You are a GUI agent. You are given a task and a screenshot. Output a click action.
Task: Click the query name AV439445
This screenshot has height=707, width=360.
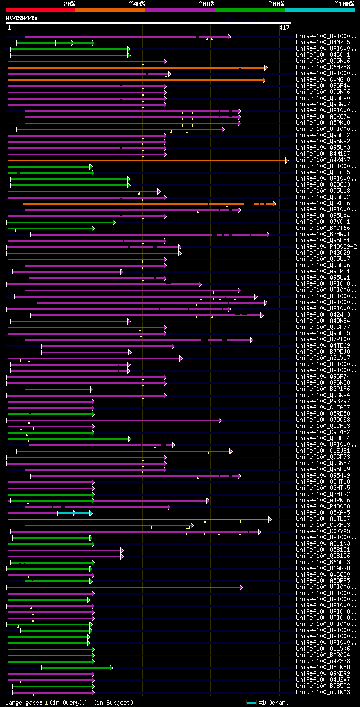(21, 18)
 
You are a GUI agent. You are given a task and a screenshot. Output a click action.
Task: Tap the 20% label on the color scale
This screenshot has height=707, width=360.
(69, 3)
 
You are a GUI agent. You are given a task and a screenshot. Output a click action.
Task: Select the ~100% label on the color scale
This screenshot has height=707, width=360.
(344, 3)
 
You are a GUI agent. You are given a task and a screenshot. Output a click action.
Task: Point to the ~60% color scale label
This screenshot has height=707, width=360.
(206, 3)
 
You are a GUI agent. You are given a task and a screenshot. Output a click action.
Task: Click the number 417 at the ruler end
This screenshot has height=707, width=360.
(283, 28)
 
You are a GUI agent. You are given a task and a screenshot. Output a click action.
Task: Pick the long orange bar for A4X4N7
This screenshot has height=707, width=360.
(146, 160)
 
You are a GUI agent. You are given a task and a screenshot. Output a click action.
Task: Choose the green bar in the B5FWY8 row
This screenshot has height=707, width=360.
(76, 668)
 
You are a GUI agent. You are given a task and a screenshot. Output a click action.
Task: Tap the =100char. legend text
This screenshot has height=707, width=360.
(274, 703)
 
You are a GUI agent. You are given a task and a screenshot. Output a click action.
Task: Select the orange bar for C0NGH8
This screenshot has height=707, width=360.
(135, 80)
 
